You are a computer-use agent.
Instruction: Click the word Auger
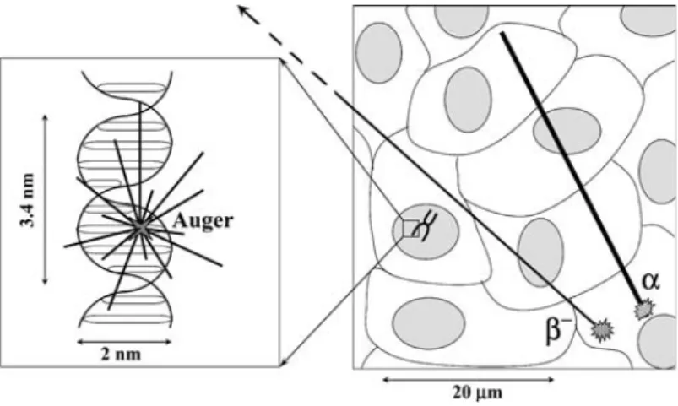203,221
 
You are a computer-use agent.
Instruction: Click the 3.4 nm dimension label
27,200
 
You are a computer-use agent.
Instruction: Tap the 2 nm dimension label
121,355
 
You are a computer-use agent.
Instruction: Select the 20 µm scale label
478,393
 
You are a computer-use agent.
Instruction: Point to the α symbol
650,281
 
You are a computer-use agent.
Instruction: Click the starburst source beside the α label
644,310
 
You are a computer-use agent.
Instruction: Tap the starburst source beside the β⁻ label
602,331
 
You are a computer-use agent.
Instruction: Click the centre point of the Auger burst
140,227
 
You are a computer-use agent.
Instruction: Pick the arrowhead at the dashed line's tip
245,10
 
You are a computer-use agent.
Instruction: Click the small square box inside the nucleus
411,229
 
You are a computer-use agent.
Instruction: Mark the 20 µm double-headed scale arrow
469,380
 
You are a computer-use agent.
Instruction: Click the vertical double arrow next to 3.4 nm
45,200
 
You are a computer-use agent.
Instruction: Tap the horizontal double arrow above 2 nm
124,342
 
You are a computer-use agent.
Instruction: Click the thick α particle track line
572,167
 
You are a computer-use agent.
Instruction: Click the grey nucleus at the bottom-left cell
429,323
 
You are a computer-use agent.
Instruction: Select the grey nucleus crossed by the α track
567,131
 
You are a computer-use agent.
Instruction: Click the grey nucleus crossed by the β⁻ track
541,252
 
